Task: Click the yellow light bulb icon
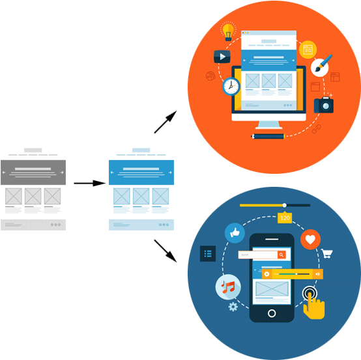click(x=228, y=31)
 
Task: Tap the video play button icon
click(x=222, y=57)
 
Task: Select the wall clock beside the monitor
click(x=231, y=86)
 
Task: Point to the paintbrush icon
click(x=323, y=65)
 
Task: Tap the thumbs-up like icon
click(x=233, y=232)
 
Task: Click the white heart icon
click(x=310, y=240)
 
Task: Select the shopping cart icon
click(x=328, y=254)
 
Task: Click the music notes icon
click(x=228, y=286)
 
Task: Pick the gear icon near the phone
click(x=233, y=305)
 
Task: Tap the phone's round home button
click(x=272, y=312)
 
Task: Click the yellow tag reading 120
click(x=285, y=218)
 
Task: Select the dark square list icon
click(x=207, y=254)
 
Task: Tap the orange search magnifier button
click(x=282, y=255)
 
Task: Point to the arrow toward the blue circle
click(x=166, y=250)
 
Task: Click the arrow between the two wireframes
click(x=89, y=184)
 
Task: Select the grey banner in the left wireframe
click(x=33, y=172)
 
